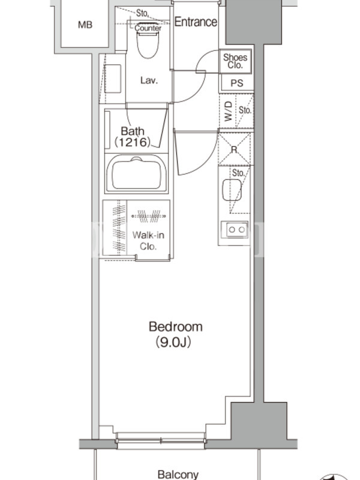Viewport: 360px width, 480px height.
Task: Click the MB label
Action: click(85, 25)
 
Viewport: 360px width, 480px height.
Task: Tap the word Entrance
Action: click(196, 22)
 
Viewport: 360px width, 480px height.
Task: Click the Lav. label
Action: click(149, 80)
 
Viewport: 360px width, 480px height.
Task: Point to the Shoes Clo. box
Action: click(235, 61)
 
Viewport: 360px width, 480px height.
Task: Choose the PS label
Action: click(236, 83)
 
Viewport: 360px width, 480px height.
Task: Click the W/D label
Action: click(228, 112)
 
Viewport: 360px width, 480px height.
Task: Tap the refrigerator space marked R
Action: click(234, 149)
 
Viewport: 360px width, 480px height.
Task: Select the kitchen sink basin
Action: click(232, 190)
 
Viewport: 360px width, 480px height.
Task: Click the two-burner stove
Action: click(236, 229)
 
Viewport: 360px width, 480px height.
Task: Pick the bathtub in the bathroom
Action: click(136, 173)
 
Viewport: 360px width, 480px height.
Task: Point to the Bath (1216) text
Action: click(133, 137)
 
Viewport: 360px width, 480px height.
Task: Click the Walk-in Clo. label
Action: click(148, 241)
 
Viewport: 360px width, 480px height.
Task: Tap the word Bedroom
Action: click(175, 326)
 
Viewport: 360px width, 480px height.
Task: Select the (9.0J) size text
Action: click(173, 342)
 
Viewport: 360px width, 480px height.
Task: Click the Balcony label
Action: click(178, 475)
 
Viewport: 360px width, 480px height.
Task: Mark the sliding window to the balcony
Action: click(160, 441)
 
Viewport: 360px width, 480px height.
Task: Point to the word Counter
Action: click(148, 28)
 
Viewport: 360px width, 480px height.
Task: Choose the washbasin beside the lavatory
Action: click(113, 79)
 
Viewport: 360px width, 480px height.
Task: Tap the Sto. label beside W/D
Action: click(245, 110)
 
